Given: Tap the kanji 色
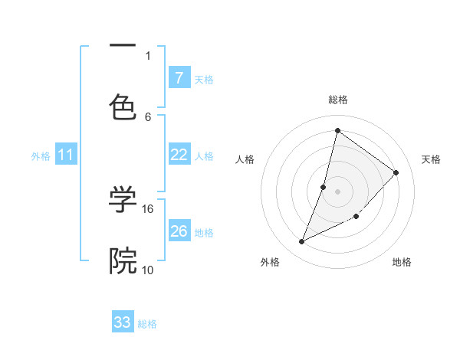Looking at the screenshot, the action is click(x=123, y=107).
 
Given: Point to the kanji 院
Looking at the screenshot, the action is click(x=123, y=260).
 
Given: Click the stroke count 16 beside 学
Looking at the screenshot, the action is click(x=148, y=208).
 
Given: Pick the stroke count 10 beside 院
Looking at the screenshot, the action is click(x=148, y=270).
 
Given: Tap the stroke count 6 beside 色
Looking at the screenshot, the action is click(x=148, y=116).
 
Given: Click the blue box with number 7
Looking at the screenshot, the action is click(x=179, y=78).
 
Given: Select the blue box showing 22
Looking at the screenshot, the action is click(x=179, y=155).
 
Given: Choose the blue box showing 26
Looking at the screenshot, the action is click(x=179, y=231).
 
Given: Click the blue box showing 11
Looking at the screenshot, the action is click(x=66, y=155).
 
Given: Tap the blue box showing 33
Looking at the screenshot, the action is click(x=123, y=322).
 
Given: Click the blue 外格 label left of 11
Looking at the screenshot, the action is click(x=41, y=156).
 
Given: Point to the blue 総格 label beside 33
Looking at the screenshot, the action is click(x=147, y=324).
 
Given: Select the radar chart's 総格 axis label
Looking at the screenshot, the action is click(x=337, y=100).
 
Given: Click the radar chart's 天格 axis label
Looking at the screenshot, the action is click(x=431, y=159).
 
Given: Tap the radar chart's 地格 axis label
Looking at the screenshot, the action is click(x=402, y=262).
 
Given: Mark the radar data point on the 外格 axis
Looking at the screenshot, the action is click(x=302, y=242).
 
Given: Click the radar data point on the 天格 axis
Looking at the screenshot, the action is click(x=396, y=172).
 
